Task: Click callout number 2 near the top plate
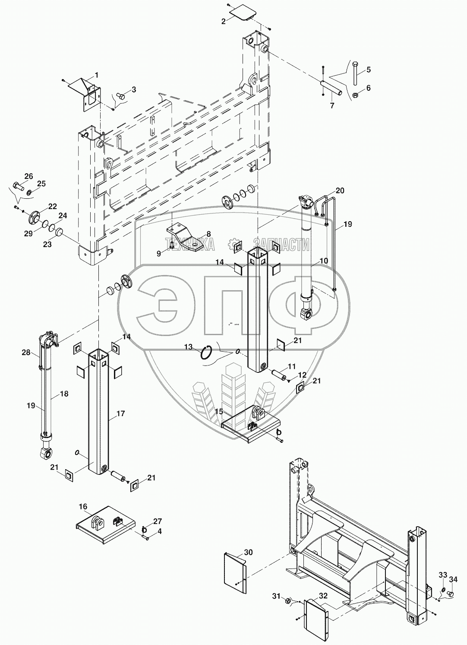(223, 21)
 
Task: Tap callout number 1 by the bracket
(97, 75)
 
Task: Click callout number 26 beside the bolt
(28, 176)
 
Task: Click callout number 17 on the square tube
(120, 414)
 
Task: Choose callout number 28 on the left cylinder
(26, 353)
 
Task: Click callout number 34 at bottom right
(453, 579)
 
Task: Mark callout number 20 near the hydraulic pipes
(340, 191)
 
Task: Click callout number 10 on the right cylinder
(323, 261)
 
